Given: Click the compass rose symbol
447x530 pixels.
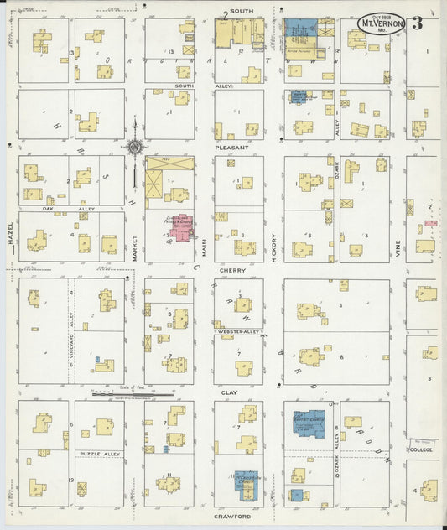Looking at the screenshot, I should tap(134, 148).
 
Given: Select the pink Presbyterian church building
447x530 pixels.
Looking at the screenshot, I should tap(182, 227).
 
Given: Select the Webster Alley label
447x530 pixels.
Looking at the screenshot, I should tap(238, 332).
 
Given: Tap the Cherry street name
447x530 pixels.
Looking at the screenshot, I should tap(231, 271).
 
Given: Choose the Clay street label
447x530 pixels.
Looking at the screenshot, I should tap(230, 392).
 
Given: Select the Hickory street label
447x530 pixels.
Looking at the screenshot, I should tap(273, 248).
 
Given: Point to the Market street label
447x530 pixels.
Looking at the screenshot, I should tap(134, 248).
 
